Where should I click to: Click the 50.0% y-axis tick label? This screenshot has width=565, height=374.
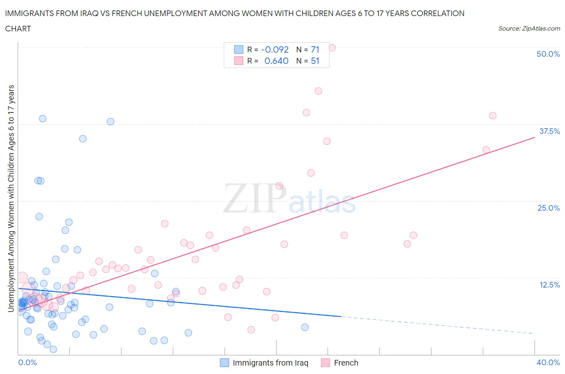tap(548, 54)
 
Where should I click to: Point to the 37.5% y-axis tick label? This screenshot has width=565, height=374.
tap(549, 131)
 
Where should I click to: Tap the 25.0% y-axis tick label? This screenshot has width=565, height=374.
tap(549, 208)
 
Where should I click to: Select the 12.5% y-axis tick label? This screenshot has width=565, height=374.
tap(549, 285)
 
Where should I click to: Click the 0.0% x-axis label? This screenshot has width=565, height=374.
tap(27, 362)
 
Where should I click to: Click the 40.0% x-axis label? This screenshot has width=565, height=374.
tap(548, 362)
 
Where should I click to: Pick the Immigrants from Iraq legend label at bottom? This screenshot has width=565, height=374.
tap(270, 363)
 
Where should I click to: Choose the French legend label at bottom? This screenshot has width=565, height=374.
tap(346, 363)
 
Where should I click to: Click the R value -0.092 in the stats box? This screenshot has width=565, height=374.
tap(275, 49)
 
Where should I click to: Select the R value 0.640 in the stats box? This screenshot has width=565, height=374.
tap(276, 61)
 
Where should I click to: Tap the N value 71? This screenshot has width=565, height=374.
tap(315, 49)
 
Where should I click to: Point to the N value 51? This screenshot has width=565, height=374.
tap(315, 61)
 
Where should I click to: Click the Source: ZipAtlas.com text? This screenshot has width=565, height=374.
tap(529, 28)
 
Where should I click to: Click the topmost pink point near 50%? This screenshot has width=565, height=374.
tap(332, 47)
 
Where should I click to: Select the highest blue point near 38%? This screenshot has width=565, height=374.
tap(43, 119)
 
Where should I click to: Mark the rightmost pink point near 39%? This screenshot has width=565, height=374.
tap(493, 115)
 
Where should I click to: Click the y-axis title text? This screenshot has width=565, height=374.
tap(11, 198)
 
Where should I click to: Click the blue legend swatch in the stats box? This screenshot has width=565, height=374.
tap(239, 49)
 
